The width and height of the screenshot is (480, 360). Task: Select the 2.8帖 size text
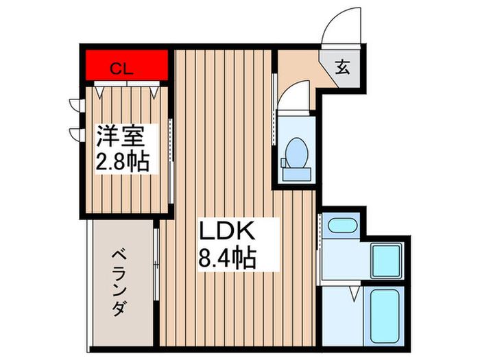(123, 163)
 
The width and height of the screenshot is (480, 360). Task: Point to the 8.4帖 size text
(228, 257)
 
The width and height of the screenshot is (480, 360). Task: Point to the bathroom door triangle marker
(354, 293)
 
